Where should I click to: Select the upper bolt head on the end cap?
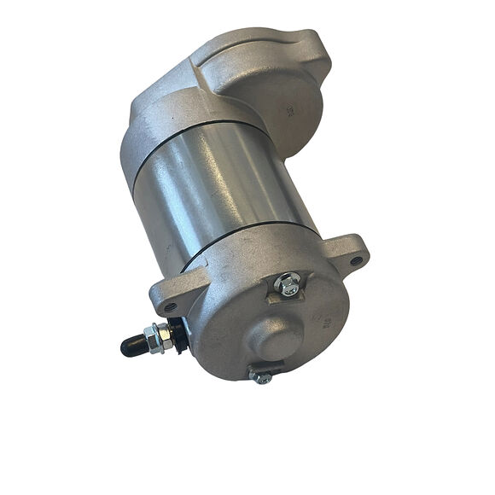290,285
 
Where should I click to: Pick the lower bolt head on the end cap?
262,376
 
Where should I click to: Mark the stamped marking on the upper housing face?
290,109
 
